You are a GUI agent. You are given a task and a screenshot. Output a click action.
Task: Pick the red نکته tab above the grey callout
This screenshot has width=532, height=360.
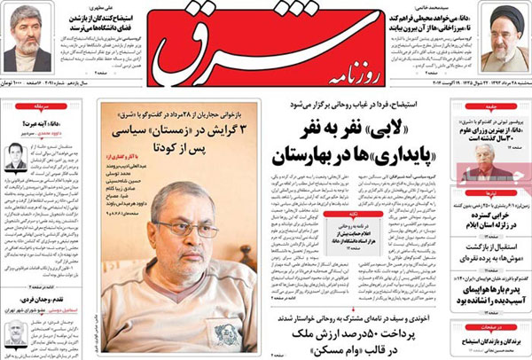pyautogui.click(x=349, y=214)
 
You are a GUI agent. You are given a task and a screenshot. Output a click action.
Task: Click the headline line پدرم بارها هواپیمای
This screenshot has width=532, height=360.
pyautogui.click(x=486, y=287)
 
